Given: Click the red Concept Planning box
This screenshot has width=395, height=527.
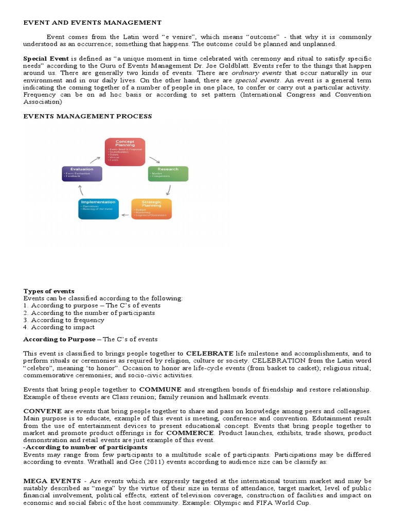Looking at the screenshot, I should point(125,151).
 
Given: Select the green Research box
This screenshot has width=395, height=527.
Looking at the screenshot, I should point(168,173).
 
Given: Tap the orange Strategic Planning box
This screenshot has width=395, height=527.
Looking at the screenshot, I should point(151,208).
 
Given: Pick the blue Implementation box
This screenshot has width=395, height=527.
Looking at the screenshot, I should point(98,208).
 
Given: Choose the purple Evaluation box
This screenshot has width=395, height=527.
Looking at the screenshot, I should point(82,173).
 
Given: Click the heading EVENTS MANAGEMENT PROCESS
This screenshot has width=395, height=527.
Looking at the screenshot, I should point(87,116).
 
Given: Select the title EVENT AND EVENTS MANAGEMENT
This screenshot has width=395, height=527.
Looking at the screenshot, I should point(93,23).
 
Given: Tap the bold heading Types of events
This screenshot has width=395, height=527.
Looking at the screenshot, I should point(49,291).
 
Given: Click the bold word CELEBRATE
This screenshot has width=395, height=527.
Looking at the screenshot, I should point(209,354).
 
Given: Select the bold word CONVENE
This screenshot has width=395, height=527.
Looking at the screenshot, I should point(43,411).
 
